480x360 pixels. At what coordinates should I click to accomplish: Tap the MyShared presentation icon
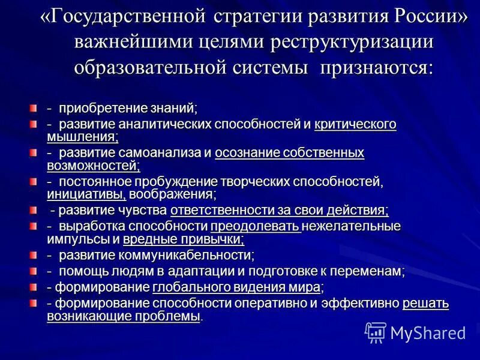coord(376,332)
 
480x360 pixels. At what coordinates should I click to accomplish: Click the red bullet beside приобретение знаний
coord(34,109)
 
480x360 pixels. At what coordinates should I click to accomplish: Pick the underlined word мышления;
coord(82,137)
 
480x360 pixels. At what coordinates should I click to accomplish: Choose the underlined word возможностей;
coord(94,165)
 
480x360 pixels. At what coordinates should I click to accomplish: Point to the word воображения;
coord(172,194)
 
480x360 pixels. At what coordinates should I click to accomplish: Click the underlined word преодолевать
coord(255,227)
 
